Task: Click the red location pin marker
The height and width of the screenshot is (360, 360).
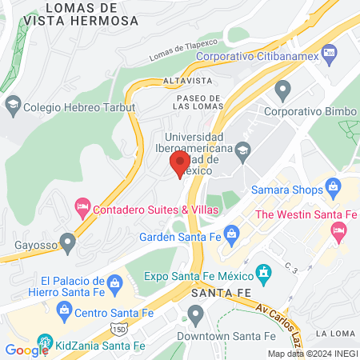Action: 178,163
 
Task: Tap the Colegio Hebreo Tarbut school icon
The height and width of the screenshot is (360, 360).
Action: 13,104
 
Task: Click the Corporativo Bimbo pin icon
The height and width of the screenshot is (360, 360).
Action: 282,89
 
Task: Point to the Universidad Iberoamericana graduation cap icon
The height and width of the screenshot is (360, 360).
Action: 243,148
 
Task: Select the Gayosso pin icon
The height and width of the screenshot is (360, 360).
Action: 69,241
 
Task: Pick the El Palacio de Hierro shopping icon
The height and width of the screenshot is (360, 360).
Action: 114,282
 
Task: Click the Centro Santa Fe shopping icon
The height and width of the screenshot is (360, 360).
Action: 62,309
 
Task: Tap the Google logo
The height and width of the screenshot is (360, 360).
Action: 26,350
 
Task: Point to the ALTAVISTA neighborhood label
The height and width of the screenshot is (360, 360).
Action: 162,82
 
